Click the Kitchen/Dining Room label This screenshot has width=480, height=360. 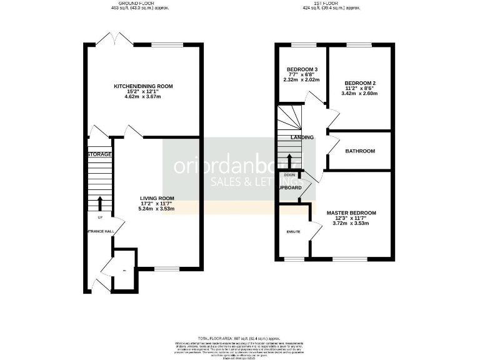143,86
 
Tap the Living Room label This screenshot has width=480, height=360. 156,198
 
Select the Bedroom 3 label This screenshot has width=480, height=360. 302,69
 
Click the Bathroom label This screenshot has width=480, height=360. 360,151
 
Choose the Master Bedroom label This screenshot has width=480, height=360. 351,213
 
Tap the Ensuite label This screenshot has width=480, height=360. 293,232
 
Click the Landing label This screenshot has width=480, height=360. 302,137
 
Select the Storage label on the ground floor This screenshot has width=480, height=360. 99,154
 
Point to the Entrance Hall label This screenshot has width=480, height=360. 99,231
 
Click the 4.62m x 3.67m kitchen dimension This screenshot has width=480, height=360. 143,98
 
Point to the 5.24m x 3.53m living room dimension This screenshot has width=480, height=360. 156,209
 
